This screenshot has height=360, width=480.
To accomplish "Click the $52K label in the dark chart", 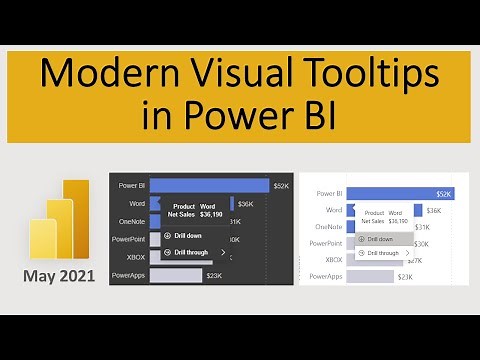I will point(253,186).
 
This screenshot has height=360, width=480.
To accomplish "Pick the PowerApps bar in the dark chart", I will point(175,275).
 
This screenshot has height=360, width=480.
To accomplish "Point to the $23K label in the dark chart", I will point(214,275).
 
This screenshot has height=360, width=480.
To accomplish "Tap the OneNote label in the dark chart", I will point(131,222).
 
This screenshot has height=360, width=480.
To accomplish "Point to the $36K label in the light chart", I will point(434,210).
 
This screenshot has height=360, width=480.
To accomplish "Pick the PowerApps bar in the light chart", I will point(371,276).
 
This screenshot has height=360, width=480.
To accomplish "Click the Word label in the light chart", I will point(335,210).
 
